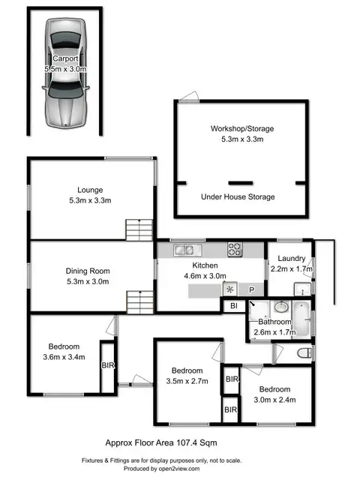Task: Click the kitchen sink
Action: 183,250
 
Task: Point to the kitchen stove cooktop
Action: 235,250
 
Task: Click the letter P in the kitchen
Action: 252,289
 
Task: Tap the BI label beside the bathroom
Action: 233,306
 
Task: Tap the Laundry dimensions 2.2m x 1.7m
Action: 291,269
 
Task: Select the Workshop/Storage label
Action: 241,128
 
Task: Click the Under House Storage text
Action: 238,196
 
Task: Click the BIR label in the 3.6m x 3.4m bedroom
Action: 107,365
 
